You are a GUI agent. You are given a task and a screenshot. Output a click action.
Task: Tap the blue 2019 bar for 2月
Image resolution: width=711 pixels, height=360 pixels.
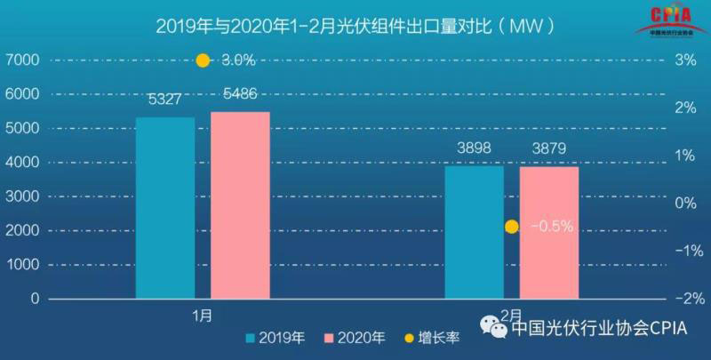[474, 232]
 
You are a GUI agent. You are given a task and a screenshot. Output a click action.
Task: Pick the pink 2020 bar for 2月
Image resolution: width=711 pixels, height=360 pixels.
[549, 232]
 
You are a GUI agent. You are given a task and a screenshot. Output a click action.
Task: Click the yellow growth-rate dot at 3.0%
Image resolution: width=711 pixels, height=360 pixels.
[203, 60]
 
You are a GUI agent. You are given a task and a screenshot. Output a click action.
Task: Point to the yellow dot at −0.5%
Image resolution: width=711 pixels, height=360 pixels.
[512, 227]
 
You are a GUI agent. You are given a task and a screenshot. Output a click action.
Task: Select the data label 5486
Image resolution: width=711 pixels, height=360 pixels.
[240, 94]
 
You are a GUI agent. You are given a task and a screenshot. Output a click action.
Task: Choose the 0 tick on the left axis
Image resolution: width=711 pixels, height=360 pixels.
[35, 300]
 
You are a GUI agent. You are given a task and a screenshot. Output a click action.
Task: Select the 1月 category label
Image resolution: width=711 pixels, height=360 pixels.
[202, 315]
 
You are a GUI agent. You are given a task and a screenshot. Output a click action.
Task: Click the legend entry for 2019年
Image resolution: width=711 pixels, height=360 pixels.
[281, 338]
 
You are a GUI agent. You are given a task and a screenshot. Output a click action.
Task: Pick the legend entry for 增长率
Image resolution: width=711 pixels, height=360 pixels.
[435, 338]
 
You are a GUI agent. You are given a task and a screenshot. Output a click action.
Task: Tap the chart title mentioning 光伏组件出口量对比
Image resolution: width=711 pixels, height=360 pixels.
[355, 25]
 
